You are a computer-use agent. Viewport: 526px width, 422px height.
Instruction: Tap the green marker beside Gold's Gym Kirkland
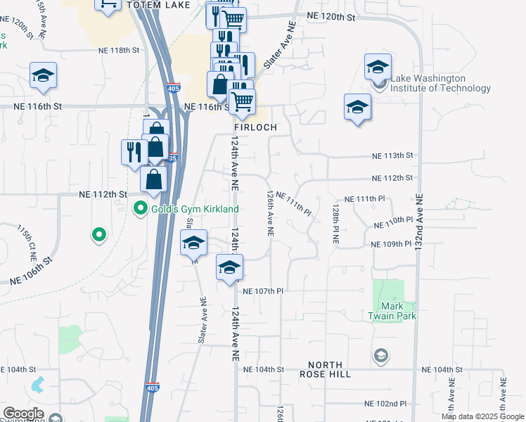(x=141, y=208)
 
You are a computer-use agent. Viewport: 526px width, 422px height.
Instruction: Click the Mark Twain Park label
(x=392, y=311)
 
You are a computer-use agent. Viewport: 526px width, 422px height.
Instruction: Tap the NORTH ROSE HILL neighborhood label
(x=330, y=369)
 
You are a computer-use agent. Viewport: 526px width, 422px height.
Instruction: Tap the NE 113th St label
(x=392, y=155)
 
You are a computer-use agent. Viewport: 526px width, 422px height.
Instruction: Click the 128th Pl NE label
(x=335, y=226)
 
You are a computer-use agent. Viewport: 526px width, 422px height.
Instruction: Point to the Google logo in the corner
(x=23, y=414)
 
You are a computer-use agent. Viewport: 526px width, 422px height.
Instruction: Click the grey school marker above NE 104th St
(x=381, y=355)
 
